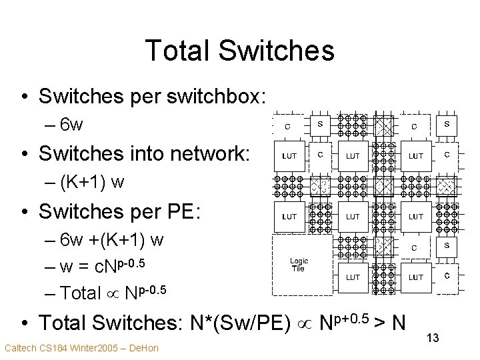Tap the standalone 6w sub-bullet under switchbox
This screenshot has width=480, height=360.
click(70, 125)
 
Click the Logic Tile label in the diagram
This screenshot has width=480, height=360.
click(297, 265)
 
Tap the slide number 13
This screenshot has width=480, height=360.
click(432, 339)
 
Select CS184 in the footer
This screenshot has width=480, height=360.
click(48, 348)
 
